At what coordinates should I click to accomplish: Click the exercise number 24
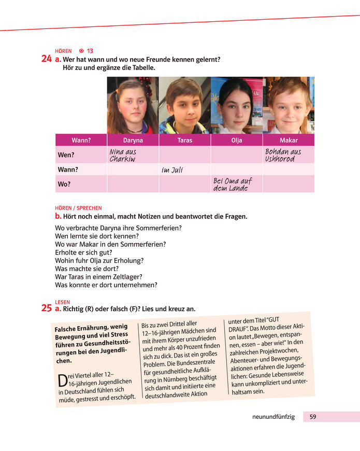coord(46,59)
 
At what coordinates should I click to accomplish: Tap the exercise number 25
coord(46,308)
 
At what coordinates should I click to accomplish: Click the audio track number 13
coord(90,51)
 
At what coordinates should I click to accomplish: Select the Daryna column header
coord(133,140)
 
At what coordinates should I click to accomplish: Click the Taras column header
coord(184,140)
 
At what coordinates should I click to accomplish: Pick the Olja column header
coord(236,140)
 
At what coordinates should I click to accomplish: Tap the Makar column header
coord(288,140)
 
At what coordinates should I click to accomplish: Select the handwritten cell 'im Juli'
coord(172,170)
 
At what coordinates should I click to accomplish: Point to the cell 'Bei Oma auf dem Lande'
coord(233,184)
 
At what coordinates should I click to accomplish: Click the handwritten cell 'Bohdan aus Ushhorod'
coord(283,155)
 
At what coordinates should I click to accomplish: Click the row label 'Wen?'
coord(66,155)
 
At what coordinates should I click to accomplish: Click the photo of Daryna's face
coord(133,105)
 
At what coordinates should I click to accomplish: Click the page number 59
coord(313,417)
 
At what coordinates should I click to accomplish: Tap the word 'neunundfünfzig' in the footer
coord(273,417)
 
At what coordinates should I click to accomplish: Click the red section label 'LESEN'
coord(62,302)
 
